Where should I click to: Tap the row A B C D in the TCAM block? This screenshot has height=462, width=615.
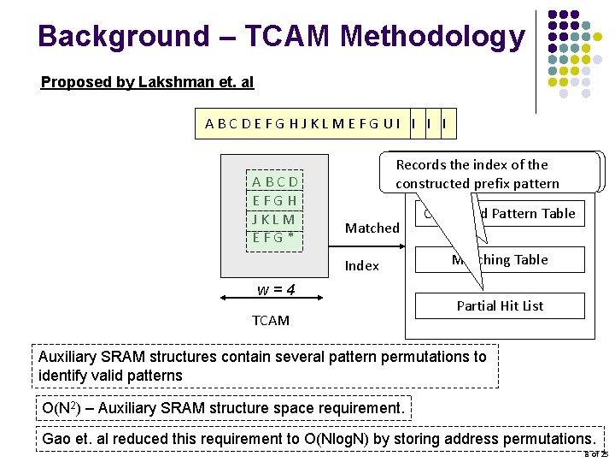click(x=275, y=181)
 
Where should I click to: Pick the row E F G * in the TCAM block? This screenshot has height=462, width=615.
click(x=275, y=237)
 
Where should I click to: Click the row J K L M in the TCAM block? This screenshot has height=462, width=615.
click(x=275, y=219)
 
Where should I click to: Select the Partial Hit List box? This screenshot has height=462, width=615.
click(x=500, y=305)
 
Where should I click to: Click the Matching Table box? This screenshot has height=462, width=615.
click(x=500, y=259)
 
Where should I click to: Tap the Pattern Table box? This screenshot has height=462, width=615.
click(x=500, y=213)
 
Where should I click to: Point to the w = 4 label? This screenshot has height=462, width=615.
click(x=276, y=289)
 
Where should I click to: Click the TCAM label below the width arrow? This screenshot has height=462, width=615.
click(x=270, y=320)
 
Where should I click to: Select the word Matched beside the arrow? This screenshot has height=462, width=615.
click(x=372, y=228)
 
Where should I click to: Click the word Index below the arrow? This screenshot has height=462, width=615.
click(x=361, y=266)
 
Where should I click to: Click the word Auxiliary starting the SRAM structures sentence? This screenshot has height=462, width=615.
click(x=72, y=357)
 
